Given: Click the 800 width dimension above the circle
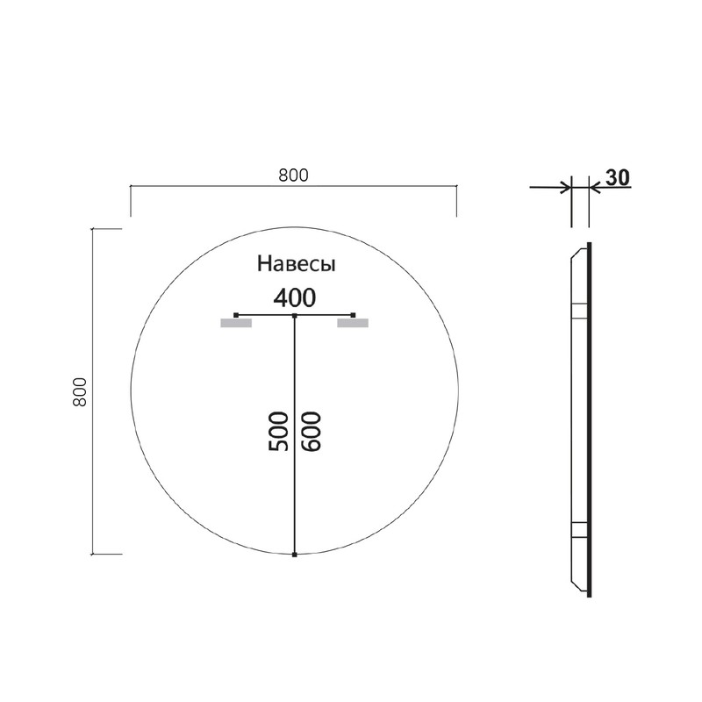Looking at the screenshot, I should pos(293,175).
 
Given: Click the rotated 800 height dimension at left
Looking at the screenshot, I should pos(80,391).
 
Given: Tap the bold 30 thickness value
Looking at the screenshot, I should pos(617,177).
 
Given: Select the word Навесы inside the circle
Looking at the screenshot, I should pos(296,263).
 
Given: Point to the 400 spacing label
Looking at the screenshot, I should pos(294,297).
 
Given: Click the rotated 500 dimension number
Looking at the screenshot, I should pos(278,430).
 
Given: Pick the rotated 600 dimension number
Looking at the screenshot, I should pos(311,430).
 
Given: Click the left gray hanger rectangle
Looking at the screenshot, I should pos(236,324).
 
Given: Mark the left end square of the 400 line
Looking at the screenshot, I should pos(236,314).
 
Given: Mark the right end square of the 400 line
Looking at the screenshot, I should pos(353,314).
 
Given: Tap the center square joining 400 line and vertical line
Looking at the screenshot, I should pos(295,314).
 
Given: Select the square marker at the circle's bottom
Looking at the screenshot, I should pos(295,555).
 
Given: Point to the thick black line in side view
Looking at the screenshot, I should pos(589,421).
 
